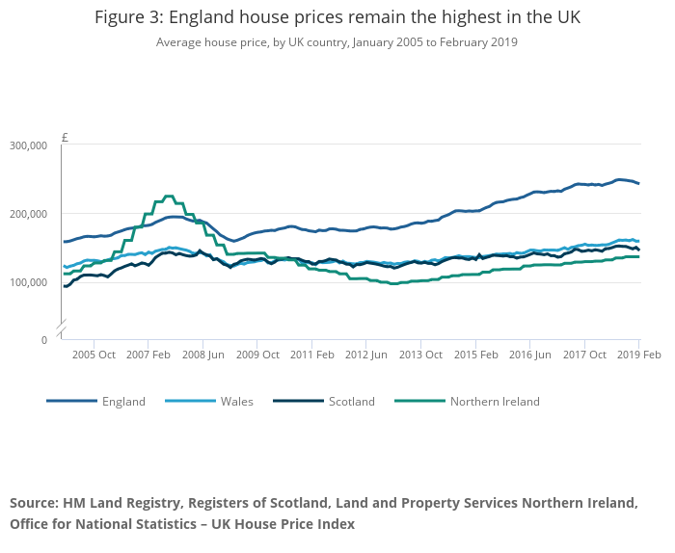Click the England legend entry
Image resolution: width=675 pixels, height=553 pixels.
[x=123, y=402]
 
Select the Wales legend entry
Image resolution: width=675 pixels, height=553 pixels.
[x=236, y=402]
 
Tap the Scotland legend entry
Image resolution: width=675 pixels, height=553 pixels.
[x=351, y=402]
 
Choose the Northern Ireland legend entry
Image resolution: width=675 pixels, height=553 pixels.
[x=495, y=402]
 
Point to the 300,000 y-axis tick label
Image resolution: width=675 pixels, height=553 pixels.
[x=28, y=145]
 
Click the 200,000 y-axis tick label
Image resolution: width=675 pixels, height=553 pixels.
[x=28, y=214]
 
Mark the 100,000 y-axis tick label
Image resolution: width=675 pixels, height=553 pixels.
[x=28, y=282]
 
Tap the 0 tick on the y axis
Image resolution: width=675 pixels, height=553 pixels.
[x=43, y=340]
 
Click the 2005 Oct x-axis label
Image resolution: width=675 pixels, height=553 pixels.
[x=94, y=355]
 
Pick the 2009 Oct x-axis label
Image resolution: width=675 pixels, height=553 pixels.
[x=256, y=355]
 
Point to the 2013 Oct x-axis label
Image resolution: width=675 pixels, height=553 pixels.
[x=420, y=355]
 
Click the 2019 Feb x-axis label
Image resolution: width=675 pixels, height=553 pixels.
[x=638, y=355]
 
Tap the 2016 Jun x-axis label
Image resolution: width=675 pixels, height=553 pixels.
[x=529, y=355]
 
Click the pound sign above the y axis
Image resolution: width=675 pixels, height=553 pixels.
[x=65, y=137]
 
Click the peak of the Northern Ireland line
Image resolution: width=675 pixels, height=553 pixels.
[x=169, y=197]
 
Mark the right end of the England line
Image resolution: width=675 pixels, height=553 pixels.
[x=638, y=183]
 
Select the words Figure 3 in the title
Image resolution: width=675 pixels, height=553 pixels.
[x=128, y=18]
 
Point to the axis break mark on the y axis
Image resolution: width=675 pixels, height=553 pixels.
[x=61, y=329]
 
